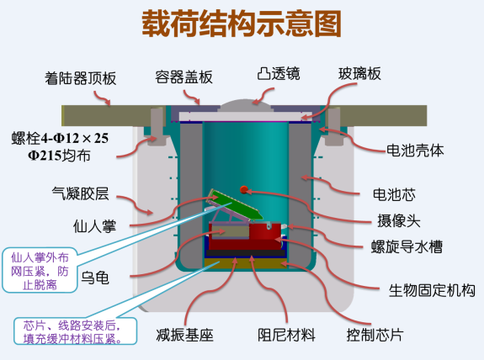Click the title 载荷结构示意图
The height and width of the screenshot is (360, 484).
[x=242, y=24]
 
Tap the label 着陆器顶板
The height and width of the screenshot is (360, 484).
[x=81, y=78]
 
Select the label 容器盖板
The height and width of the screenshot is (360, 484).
[x=184, y=77]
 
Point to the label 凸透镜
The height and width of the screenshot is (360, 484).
[x=279, y=74]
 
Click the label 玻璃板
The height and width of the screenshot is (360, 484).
[x=359, y=74]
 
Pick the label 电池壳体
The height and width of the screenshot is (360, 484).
[x=415, y=151]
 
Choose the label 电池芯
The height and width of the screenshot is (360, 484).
[x=394, y=194]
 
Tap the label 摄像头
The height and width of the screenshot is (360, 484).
[x=398, y=221]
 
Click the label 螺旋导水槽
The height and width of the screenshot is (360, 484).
[x=407, y=246]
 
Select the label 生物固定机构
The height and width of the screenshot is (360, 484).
[x=432, y=290]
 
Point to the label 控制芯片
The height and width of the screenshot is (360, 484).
[x=375, y=335]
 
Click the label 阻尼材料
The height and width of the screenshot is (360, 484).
[x=286, y=335]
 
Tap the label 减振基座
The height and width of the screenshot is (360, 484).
[x=184, y=335]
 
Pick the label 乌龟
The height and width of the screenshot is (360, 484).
[x=95, y=278]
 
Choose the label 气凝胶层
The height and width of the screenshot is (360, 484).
[x=80, y=193]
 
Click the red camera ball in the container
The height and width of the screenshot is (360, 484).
[x=244, y=189]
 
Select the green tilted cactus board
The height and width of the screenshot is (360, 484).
[x=236, y=205]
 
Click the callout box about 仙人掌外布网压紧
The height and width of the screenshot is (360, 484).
[x=40, y=270]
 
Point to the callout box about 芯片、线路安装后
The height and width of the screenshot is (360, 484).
[x=75, y=331]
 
